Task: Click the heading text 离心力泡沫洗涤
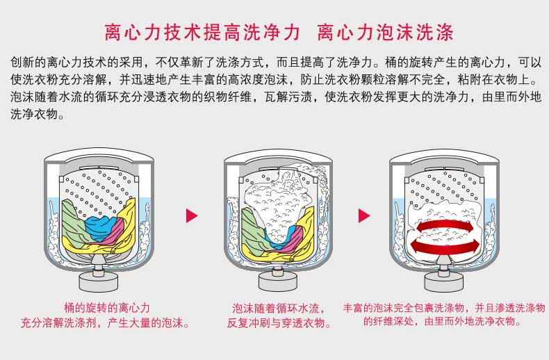click(x=386, y=32)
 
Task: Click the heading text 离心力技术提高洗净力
click(x=202, y=32)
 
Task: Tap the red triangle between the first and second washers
click(x=192, y=215)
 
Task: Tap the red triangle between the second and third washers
click(x=364, y=215)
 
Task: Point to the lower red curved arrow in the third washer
click(x=445, y=246)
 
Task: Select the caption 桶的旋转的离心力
click(x=107, y=308)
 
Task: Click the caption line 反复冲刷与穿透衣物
click(x=279, y=322)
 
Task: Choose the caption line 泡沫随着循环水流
click(x=279, y=308)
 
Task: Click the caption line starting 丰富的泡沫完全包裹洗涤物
click(x=444, y=308)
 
